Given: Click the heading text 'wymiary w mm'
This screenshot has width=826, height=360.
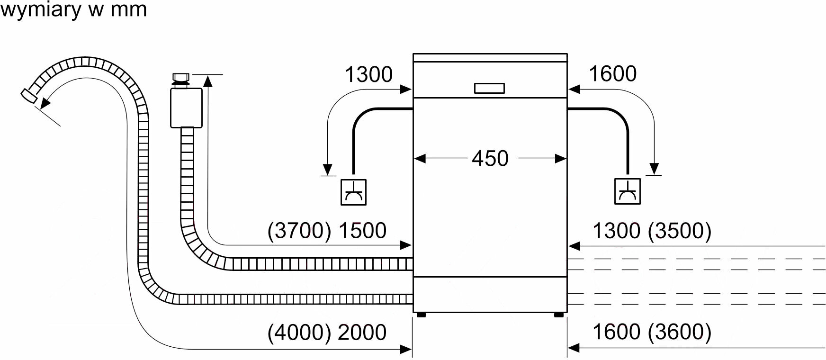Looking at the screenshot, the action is pos(73,9).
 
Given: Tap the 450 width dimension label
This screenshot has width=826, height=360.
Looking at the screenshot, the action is pos(490,158).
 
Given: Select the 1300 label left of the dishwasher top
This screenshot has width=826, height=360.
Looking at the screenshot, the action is pos(369,75).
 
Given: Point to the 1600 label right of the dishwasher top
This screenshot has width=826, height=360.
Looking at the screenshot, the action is pos(612,74).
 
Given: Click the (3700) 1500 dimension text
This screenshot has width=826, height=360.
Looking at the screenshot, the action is pos(327,231).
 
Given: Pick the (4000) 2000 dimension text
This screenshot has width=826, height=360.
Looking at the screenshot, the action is pos(327,332).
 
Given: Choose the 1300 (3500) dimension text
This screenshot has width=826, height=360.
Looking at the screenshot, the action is pos(652,231).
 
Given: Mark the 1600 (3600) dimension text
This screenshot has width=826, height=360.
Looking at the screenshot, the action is pos(652,332).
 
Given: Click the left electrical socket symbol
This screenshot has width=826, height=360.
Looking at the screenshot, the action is pos(353,192).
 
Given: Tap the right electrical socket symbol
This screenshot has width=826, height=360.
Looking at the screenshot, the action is pos(628,191).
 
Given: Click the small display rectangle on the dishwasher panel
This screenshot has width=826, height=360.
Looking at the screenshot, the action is pos(489,88).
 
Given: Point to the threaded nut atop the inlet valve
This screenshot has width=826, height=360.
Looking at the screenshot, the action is pos(180,77).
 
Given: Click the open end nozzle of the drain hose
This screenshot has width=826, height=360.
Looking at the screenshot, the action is pos(29,96).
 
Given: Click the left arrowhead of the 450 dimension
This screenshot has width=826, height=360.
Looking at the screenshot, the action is pos(420,158).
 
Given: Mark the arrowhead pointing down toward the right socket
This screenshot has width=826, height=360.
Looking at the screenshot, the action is pos(654,169).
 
